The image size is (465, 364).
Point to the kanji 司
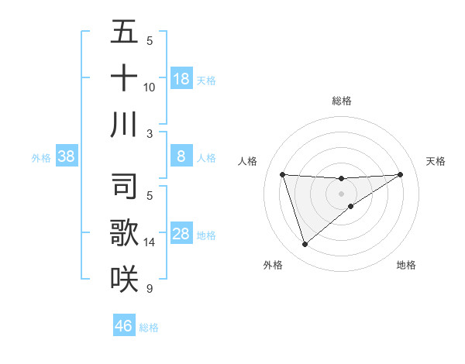click(x=124, y=187)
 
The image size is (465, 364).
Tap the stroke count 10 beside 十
click(x=150, y=87)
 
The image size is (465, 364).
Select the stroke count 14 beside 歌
click(x=150, y=242)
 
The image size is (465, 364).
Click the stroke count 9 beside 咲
click(x=150, y=289)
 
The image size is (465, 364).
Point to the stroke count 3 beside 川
click(x=150, y=133)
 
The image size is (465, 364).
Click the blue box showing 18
click(x=181, y=78)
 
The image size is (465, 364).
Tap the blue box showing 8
click(x=181, y=156)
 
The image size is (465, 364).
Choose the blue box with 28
click(x=181, y=234)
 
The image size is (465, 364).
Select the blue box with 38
click(x=66, y=156)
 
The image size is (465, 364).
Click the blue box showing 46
click(x=123, y=326)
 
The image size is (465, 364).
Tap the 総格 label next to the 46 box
click(x=149, y=328)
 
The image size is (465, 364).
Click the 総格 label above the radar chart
click(x=341, y=101)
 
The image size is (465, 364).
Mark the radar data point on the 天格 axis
click(x=400, y=174)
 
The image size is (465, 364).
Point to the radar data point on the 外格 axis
click(x=305, y=245)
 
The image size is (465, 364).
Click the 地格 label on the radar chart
click(x=406, y=265)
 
